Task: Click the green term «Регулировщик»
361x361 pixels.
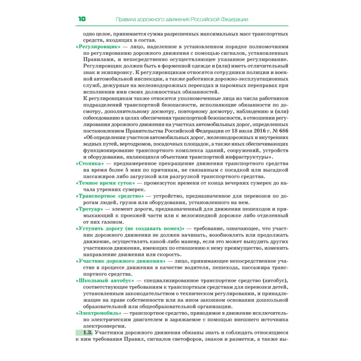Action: (93, 47)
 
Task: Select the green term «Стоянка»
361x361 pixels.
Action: (90, 164)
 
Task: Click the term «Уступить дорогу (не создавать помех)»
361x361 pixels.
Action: (130, 229)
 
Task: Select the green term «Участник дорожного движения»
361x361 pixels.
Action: (121, 261)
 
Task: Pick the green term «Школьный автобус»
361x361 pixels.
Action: (105, 280)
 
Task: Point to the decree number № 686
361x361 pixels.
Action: (280, 130)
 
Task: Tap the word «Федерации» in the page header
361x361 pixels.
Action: (235, 19)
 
